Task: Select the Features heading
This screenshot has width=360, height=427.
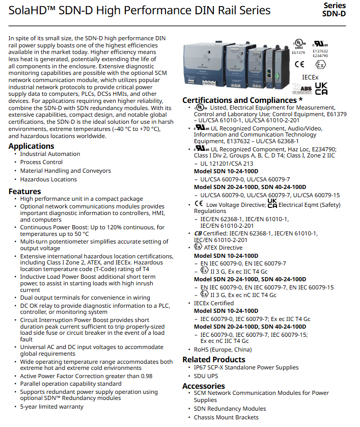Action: [24, 192]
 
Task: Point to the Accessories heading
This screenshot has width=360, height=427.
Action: [203, 386]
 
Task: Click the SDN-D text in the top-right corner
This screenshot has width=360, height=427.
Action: [334, 14]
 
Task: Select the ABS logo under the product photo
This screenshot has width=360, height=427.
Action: [302, 90]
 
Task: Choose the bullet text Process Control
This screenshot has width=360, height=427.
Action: [41, 162]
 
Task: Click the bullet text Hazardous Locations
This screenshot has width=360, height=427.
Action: [48, 179]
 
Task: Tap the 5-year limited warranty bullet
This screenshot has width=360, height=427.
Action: [51, 407]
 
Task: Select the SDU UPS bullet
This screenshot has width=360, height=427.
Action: [206, 376]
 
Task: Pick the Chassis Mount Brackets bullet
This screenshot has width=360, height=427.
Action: [226, 417]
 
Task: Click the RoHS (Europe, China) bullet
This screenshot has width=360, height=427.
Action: [223, 350]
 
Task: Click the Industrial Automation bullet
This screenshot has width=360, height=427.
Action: [50, 154]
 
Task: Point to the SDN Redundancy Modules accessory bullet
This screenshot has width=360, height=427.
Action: [230, 409]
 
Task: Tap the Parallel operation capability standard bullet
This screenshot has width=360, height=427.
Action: [71, 384]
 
